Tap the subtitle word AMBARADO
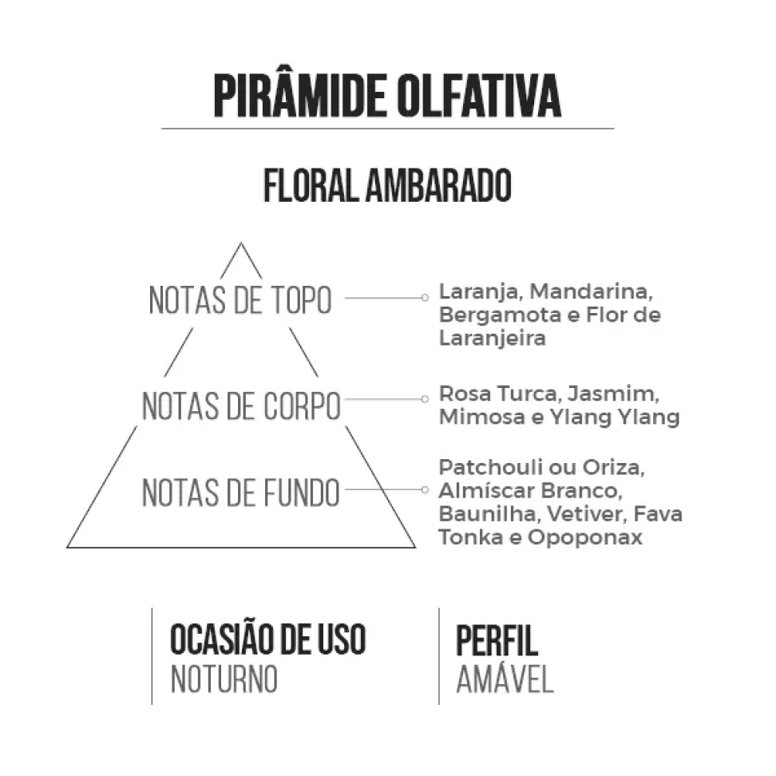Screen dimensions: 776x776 pyautogui.click(x=438, y=185)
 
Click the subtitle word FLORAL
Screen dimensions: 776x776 pyautogui.click(x=311, y=185)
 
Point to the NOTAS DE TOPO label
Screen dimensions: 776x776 pyautogui.click(x=240, y=300)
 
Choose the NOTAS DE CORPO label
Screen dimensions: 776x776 pyautogui.click(x=242, y=406)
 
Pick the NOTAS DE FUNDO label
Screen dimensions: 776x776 pyautogui.click(x=241, y=493)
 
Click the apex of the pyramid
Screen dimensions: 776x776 pyautogui.click(x=241, y=243)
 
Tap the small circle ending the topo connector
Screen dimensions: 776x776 pyautogui.click(x=425, y=298)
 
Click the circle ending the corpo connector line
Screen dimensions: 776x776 pyautogui.click(x=425, y=399)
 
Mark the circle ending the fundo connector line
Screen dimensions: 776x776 pyautogui.click(x=425, y=489)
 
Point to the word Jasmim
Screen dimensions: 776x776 pyautogui.click(x=613, y=394)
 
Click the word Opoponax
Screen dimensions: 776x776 pyautogui.click(x=585, y=538)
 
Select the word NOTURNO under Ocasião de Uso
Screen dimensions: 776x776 pyautogui.click(x=224, y=679)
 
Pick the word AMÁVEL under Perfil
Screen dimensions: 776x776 pyautogui.click(x=505, y=678)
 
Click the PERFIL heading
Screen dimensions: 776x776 pyautogui.click(x=497, y=640)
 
